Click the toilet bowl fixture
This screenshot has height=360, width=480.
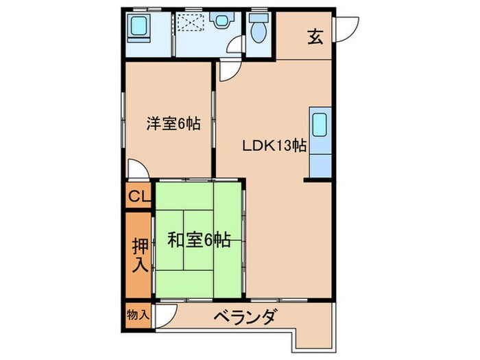pos(259,32)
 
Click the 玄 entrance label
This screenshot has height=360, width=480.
pos(314,37)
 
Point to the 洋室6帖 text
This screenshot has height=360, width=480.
pos(172,124)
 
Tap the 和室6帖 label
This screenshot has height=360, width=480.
pos(199,240)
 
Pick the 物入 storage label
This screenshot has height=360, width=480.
pos(139,314)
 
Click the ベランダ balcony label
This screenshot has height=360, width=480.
pos(244,317)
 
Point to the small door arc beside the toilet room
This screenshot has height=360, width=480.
pos(237,45)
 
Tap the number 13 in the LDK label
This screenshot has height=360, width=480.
pos(284,145)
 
